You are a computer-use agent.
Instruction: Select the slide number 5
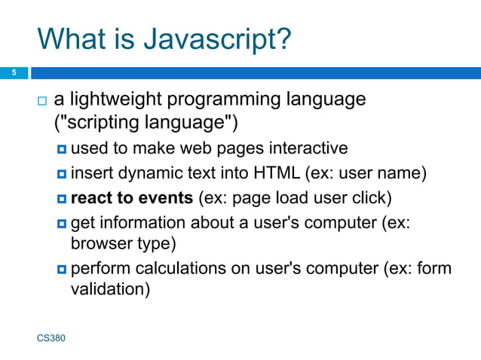(x=13, y=73)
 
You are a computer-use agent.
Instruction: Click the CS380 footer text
(x=51, y=339)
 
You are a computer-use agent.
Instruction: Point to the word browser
(x=97, y=244)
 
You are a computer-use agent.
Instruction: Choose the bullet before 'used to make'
(x=62, y=148)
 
